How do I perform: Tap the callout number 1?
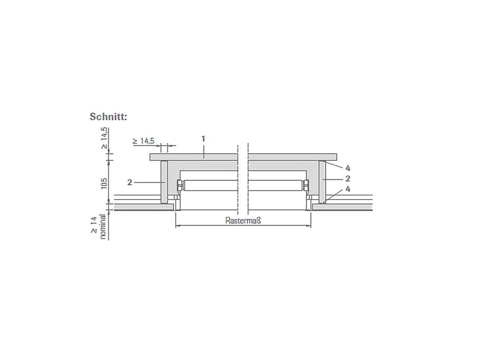(203, 139)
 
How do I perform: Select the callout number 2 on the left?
(130, 182)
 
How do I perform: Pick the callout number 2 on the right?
(347, 179)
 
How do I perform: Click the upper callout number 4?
(348, 168)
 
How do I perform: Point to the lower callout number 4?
(348, 189)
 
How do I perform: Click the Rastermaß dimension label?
(243, 221)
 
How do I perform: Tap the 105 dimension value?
(104, 183)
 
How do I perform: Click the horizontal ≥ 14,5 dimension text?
(143, 141)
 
